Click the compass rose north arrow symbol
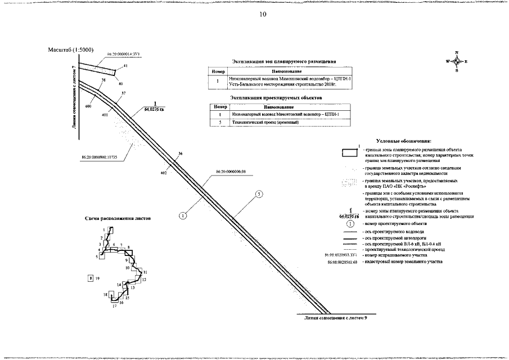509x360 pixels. tap(457, 61)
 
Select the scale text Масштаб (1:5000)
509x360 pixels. tap(71, 50)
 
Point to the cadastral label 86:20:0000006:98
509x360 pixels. tap(231, 172)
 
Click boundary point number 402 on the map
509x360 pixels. tap(164, 173)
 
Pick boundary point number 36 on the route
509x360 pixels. tap(180, 154)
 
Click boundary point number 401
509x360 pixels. tap(105, 114)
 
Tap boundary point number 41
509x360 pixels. tap(125, 66)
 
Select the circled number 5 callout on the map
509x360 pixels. tap(259, 194)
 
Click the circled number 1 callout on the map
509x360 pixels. tap(183, 215)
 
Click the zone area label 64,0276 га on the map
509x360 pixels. tap(154, 110)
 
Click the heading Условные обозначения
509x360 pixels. tap(405, 141)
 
